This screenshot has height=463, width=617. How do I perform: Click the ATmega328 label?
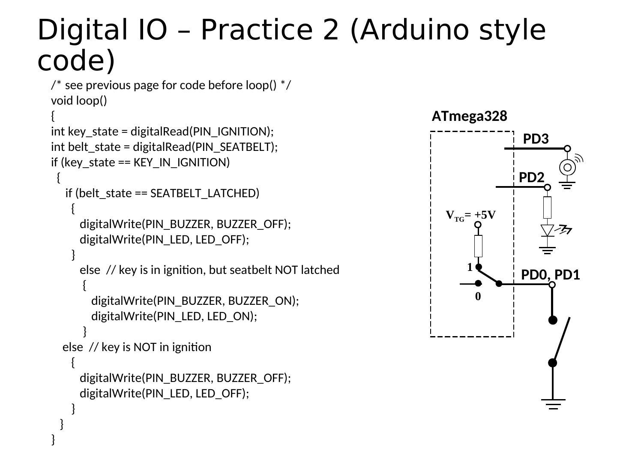(x=469, y=116)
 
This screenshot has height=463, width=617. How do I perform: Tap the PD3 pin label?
(x=536, y=139)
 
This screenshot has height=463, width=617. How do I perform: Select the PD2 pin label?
(x=531, y=177)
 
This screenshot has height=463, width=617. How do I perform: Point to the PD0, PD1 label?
(x=550, y=275)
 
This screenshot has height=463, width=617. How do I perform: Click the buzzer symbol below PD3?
(x=568, y=167)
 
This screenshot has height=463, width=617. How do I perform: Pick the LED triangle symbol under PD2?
(x=547, y=230)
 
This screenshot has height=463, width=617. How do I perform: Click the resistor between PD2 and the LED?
(x=547, y=207)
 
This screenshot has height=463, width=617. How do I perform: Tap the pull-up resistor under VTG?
(x=478, y=246)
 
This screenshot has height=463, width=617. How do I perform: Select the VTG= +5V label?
(x=470, y=215)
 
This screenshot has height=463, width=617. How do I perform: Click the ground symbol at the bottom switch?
(x=553, y=403)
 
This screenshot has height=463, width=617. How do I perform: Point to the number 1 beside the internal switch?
(x=470, y=268)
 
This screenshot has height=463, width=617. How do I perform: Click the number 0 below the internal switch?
(x=478, y=297)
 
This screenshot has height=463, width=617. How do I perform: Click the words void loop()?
(x=79, y=101)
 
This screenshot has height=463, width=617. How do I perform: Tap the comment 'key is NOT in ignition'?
(x=156, y=347)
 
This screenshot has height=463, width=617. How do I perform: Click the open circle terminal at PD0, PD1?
(x=552, y=285)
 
